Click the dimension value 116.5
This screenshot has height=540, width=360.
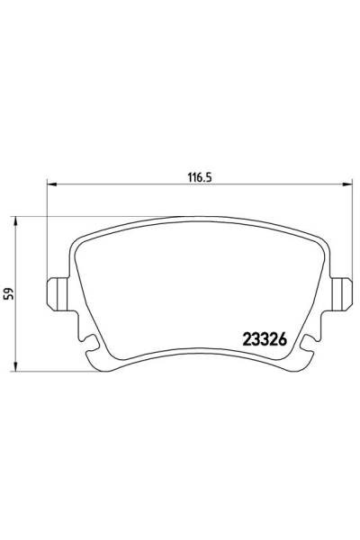pyautogui.click(x=199, y=177)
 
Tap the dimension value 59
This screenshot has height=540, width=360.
pyautogui.click(x=9, y=293)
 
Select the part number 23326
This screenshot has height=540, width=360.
pyautogui.click(x=265, y=339)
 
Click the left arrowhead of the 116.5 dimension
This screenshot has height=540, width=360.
pyautogui.click(x=51, y=184)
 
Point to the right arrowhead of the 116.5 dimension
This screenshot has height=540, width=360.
pyautogui.click(x=347, y=184)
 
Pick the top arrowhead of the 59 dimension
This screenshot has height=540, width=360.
pyautogui.click(x=14, y=221)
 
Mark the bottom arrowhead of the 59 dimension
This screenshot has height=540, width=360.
pyautogui.click(x=14, y=367)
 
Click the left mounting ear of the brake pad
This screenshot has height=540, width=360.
pyautogui.click(x=58, y=294)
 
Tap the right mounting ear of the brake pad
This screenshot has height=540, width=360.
pyautogui.click(x=341, y=294)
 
